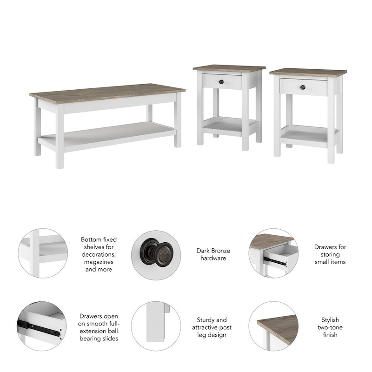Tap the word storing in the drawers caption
pyautogui.click(x=330, y=254)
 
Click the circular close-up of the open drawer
pyautogui.click(x=273, y=253)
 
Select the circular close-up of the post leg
pyautogui.click(x=156, y=325)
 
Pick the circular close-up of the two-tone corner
pyautogui.click(x=273, y=325)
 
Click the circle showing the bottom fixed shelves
pyautogui.click(x=43, y=253)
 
